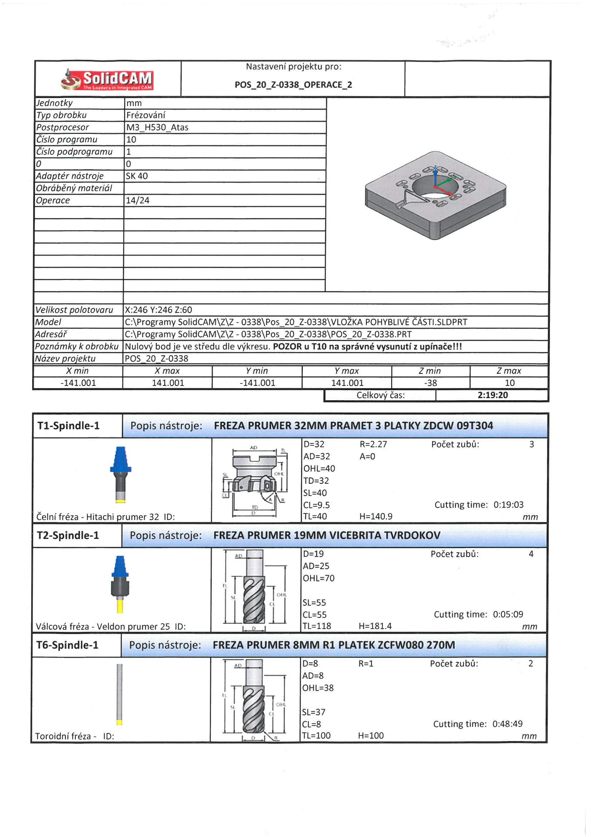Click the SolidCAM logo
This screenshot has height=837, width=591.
tap(107, 79)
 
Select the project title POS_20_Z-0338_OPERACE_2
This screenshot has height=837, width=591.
tap(293, 85)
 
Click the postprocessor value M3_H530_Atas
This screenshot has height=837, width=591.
tap(157, 127)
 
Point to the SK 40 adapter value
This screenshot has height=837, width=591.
tap(137, 176)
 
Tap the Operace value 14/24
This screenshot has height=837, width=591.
tap(138, 200)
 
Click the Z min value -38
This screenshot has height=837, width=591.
tap(430, 383)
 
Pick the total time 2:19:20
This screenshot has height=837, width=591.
tap(492, 395)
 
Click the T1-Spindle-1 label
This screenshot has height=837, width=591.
tap(68, 426)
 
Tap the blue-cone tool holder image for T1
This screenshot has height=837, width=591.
tap(120, 474)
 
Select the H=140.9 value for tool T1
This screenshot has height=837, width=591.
tap(376, 517)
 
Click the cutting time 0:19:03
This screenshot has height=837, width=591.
tap(508, 505)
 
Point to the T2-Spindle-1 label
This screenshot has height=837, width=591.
tap(68, 536)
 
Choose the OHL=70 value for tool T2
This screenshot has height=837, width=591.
tap(318, 579)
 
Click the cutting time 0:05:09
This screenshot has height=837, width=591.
tap(508, 615)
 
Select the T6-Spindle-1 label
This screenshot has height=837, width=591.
tap(67, 645)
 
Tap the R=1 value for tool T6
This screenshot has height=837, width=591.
tap(366, 664)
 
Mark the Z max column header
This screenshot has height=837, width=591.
tap(509, 371)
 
